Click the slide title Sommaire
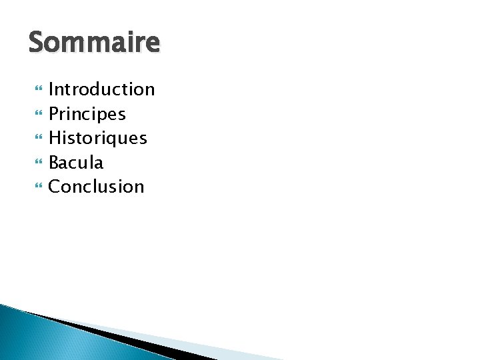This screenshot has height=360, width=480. [x=94, y=43]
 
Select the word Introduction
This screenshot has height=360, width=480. [x=101, y=89]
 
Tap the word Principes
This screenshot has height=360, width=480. [x=87, y=114]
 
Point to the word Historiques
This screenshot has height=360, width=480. [x=97, y=138]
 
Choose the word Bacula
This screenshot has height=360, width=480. [x=76, y=163]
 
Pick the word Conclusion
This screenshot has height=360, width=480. [x=96, y=187]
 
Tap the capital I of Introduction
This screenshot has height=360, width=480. [x=51, y=89]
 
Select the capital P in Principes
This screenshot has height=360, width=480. [x=54, y=114]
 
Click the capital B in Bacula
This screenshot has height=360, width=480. [x=54, y=163]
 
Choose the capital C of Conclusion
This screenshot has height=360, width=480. [x=55, y=187]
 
